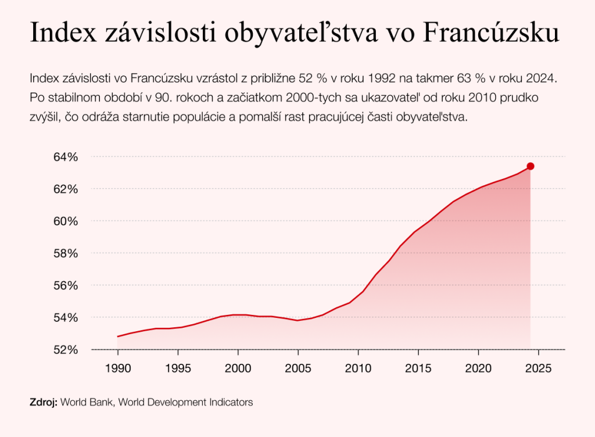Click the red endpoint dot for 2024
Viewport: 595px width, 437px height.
coord(530,166)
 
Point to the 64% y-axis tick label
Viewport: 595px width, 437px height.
coord(66,157)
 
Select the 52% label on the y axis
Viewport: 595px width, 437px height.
coord(66,350)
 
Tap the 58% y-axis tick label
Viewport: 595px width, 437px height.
coord(66,253)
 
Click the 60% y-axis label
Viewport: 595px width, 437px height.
coord(66,221)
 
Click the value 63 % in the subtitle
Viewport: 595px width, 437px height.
coord(476,77)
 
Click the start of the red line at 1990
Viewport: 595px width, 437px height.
coord(118,336)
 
